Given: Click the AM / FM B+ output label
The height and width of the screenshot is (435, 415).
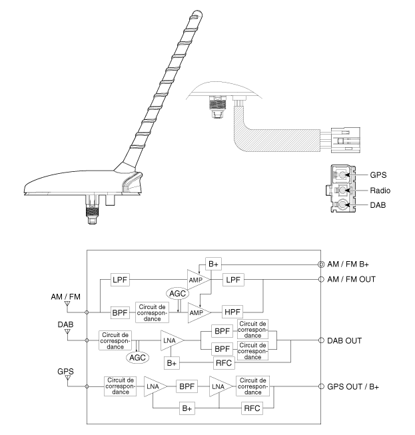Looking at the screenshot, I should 353,264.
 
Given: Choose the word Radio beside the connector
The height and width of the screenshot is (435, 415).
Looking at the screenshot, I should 382,191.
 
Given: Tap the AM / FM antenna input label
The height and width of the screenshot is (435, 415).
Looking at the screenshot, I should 67,295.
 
